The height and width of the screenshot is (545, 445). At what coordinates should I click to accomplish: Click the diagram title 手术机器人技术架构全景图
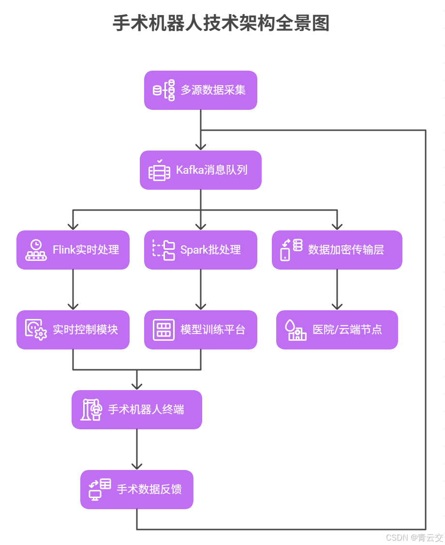click(x=221, y=23)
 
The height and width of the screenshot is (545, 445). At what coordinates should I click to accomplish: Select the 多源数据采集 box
click(x=200, y=90)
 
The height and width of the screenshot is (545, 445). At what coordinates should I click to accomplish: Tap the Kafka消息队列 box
click(x=200, y=170)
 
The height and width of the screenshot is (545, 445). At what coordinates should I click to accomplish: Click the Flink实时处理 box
click(x=73, y=250)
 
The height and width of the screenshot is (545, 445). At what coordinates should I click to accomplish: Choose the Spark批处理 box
click(x=200, y=250)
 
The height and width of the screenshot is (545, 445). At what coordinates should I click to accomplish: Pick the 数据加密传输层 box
click(x=337, y=250)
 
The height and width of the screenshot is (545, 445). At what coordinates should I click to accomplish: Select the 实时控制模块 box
click(x=73, y=330)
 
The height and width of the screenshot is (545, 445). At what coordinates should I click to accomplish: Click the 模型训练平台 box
click(x=200, y=330)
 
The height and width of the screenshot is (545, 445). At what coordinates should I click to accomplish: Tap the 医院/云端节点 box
click(x=337, y=330)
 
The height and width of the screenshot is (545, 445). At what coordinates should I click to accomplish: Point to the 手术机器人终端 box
click(x=137, y=409)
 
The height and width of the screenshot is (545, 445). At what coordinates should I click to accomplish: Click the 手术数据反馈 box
click(x=137, y=489)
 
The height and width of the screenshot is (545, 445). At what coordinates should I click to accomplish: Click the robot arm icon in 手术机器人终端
click(x=92, y=409)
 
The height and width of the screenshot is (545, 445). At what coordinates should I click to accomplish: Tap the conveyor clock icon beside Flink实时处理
click(x=36, y=250)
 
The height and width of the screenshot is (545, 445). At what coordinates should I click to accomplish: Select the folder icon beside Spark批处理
click(x=164, y=250)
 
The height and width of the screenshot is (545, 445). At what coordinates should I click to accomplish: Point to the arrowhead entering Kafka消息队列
click(x=201, y=147)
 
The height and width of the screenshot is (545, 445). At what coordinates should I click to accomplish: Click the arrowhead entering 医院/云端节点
click(x=337, y=306)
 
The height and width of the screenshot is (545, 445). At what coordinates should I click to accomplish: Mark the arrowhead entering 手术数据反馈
click(x=137, y=466)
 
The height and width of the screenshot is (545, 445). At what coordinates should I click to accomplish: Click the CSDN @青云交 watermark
click(x=415, y=537)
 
